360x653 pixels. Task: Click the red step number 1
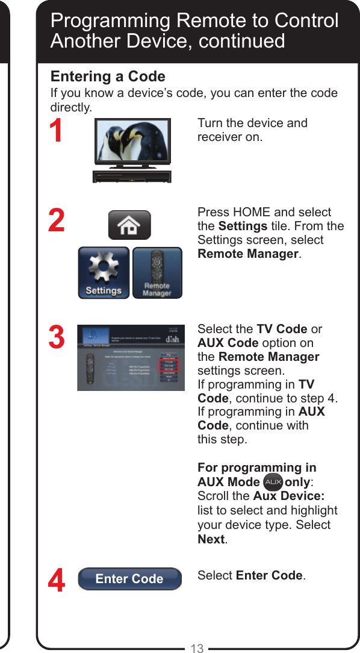click(x=56, y=132)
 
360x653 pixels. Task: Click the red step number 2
click(x=57, y=221)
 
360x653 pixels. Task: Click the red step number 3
click(x=57, y=338)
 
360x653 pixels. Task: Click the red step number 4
click(x=57, y=582)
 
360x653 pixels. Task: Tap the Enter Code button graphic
click(x=129, y=578)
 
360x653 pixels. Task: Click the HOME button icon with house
click(x=129, y=225)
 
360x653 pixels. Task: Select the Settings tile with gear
click(x=104, y=273)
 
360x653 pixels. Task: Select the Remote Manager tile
click(x=157, y=273)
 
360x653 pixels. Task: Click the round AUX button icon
click(x=273, y=483)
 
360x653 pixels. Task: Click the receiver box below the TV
click(x=132, y=177)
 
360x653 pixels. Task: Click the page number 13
click(x=197, y=648)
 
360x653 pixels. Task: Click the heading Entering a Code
click(x=108, y=77)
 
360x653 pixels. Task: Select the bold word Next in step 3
click(x=211, y=539)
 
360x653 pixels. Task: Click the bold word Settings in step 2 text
click(x=243, y=226)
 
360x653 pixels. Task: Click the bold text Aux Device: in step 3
click(x=289, y=496)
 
